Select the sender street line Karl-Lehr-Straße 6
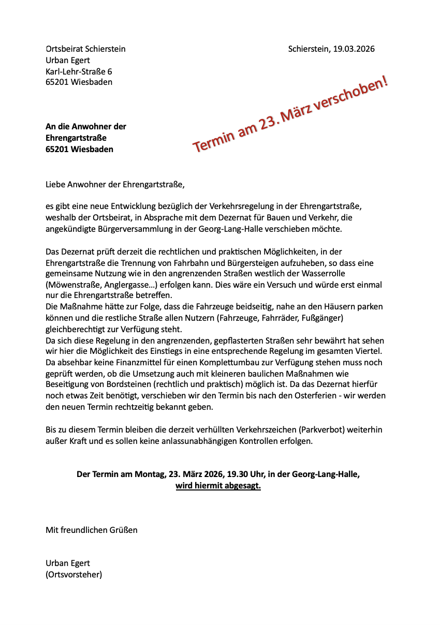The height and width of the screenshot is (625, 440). click(79, 71)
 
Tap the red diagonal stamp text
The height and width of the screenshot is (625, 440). click(290, 114)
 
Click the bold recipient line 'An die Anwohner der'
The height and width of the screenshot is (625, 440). click(86, 127)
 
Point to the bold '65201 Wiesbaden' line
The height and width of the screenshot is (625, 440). click(79, 150)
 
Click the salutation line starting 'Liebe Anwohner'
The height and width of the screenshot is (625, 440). click(115, 184)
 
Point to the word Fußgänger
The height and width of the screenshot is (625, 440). click(320, 318)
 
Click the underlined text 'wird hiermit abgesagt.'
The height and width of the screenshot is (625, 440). click(218, 486)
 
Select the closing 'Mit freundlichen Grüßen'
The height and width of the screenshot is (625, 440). click(92, 530)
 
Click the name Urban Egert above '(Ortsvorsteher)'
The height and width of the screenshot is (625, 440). click(68, 563)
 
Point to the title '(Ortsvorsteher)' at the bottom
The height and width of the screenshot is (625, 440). click(74, 574)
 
